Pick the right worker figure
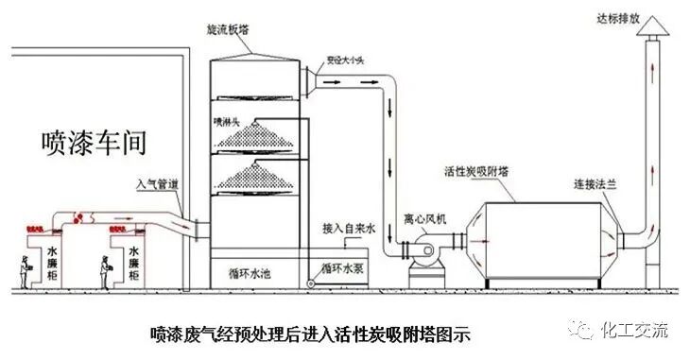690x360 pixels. [x=105, y=267]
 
